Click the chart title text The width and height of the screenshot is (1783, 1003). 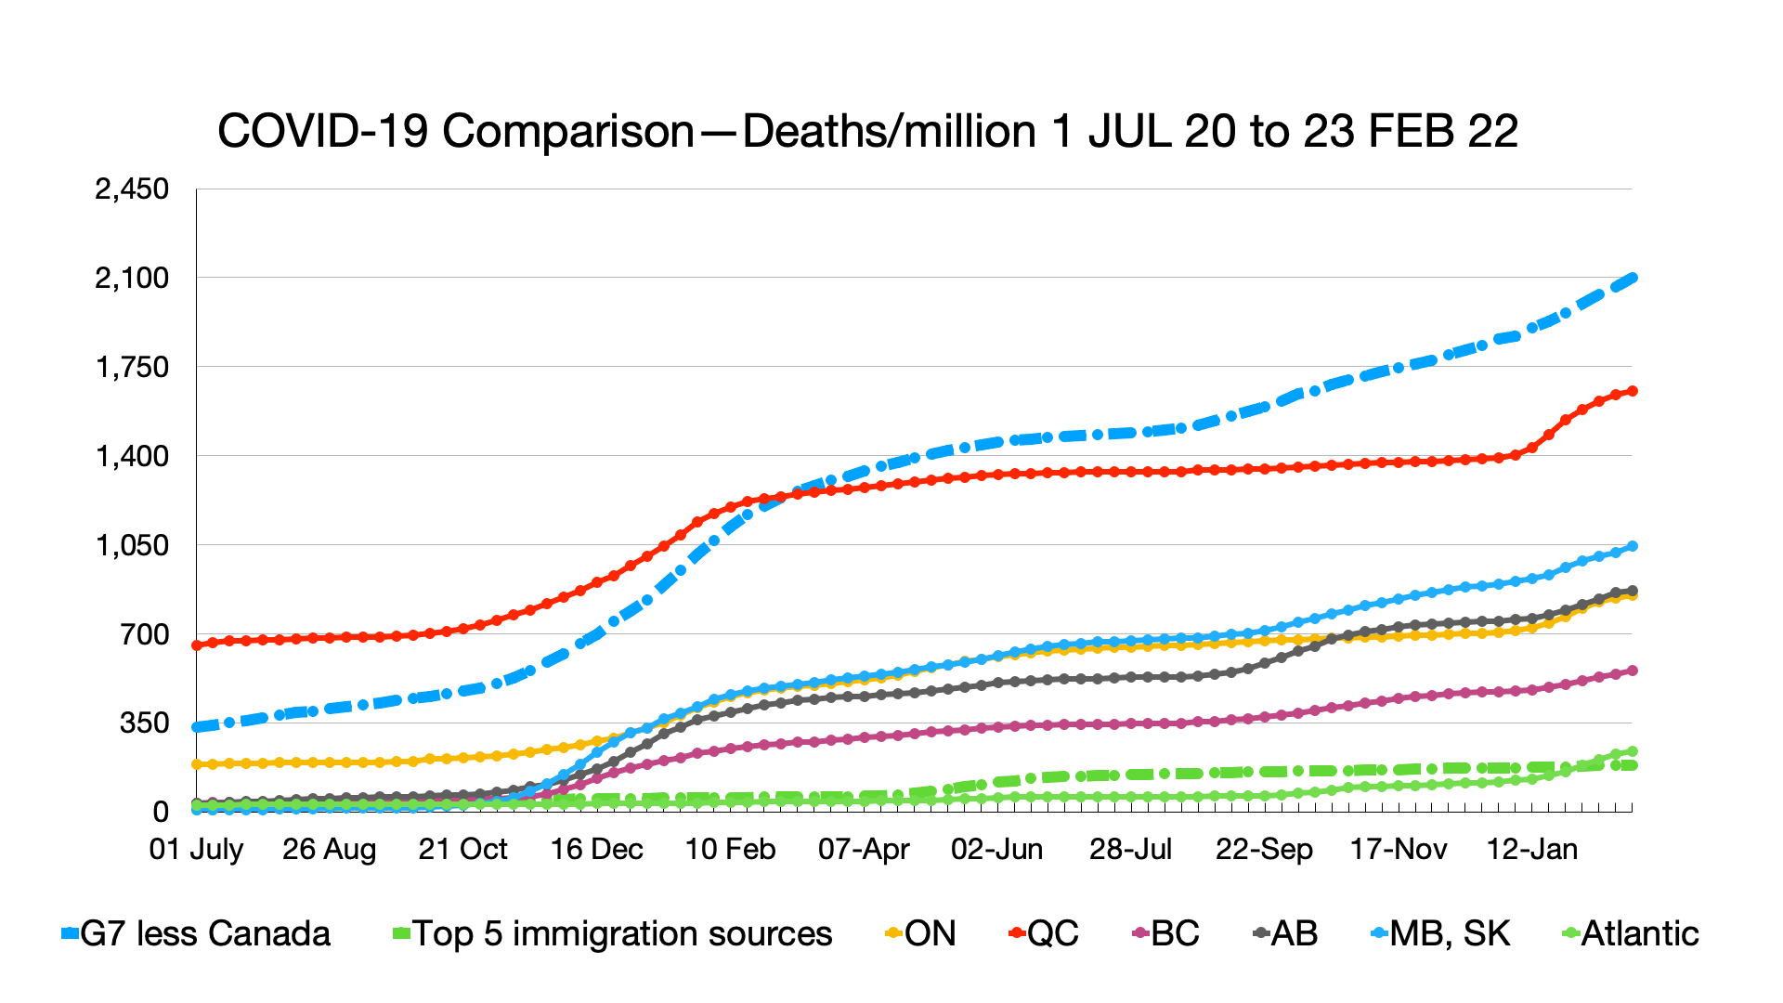coord(867,131)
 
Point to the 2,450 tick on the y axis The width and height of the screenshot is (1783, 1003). coord(132,189)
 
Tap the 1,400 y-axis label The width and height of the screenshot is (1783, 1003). coord(132,456)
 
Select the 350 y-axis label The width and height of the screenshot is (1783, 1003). coord(144,723)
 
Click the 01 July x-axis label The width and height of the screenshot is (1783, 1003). coord(196,849)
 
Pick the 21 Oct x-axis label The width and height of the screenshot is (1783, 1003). coord(462,849)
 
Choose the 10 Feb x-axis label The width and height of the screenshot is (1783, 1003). coord(730,849)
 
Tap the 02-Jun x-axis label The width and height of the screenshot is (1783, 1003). coord(996,849)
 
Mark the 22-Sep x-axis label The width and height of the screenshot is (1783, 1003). coord(1264,849)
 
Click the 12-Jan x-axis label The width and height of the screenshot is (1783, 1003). coord(1531,849)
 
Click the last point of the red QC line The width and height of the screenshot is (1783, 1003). coord(1632,391)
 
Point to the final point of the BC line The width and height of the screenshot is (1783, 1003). coord(1632,671)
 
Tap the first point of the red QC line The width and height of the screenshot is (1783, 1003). coord(197,645)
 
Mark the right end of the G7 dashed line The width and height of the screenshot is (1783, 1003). coord(1632,278)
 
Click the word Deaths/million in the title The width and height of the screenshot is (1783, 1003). coord(890,131)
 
